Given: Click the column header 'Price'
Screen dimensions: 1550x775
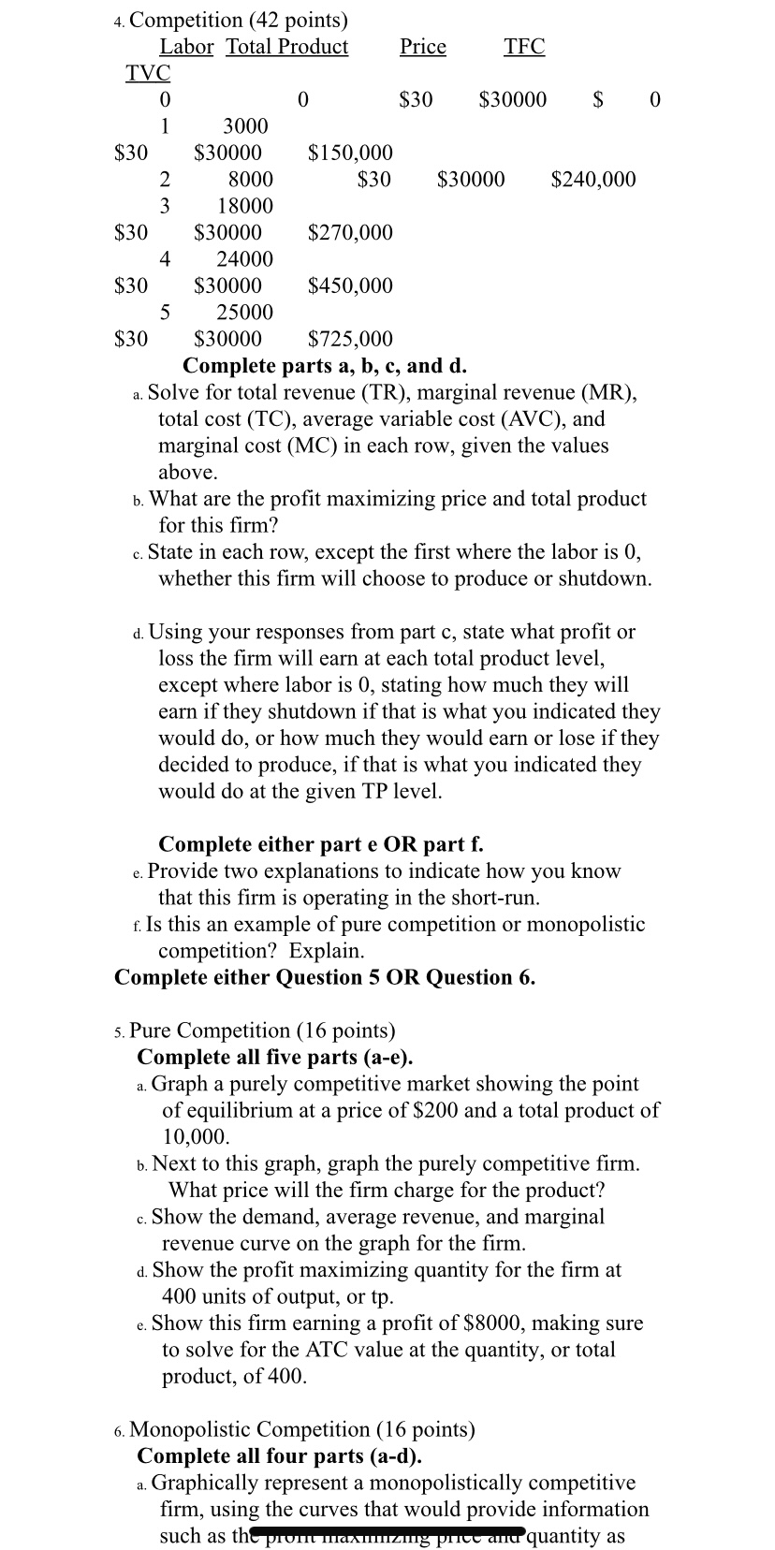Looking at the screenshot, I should (422, 47).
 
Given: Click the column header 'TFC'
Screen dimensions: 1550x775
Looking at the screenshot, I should (523, 47).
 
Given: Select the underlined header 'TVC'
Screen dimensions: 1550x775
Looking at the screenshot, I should (148, 73).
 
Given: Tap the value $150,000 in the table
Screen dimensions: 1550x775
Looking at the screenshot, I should (350, 153).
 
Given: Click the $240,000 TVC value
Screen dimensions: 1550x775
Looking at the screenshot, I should (593, 179).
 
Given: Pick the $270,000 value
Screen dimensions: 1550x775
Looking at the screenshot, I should (350, 232).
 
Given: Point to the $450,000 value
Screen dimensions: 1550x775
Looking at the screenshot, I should (350, 285).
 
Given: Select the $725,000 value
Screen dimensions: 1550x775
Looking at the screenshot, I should (350, 339).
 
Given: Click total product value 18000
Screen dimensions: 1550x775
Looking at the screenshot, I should (244, 206).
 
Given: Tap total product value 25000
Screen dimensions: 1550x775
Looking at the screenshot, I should (244, 313).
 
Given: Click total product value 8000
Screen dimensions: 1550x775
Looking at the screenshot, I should (250, 179).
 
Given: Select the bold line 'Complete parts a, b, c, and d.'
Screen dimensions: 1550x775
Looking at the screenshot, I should (325, 365).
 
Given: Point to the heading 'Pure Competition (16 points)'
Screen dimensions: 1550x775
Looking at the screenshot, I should (262, 1031).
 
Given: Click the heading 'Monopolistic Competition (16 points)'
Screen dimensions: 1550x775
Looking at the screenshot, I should (301, 1429).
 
